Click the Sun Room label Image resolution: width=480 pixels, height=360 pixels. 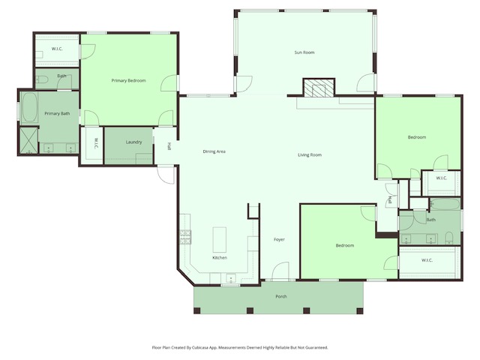[304, 52]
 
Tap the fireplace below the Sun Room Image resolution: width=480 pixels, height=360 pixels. [316, 88]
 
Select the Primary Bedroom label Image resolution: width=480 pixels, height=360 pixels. [128, 80]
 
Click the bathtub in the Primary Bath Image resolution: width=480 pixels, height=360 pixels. [29, 108]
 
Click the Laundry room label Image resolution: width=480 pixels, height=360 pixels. [134, 142]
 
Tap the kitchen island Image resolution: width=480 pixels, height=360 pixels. [220, 239]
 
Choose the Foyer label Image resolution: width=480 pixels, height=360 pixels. [279, 240]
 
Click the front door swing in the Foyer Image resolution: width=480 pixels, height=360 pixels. [280, 271]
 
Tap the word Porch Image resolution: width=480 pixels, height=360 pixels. [281, 296]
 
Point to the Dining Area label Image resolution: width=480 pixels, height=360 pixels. [214, 151]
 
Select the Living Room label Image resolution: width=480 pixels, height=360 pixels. [310, 155]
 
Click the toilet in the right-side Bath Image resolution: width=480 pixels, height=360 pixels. [448, 238]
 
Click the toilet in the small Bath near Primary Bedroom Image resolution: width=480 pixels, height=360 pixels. [43, 77]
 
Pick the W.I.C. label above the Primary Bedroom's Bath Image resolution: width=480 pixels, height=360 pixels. [57, 49]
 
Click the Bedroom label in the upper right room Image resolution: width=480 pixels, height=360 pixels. [417, 137]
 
